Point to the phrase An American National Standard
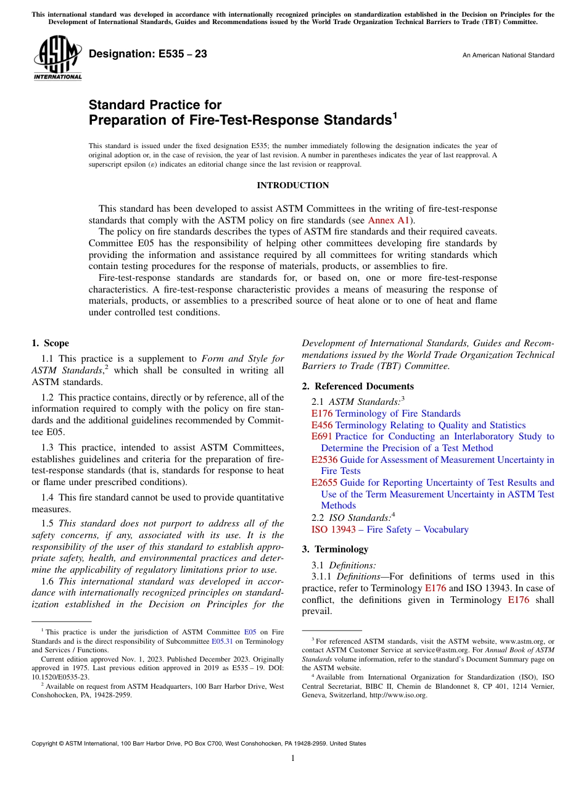508,56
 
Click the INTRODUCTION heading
292,186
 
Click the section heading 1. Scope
51,344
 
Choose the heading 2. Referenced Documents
358,386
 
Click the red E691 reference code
322,437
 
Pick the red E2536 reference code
324,460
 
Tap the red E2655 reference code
324,483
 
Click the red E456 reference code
322,425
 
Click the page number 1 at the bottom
293,758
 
